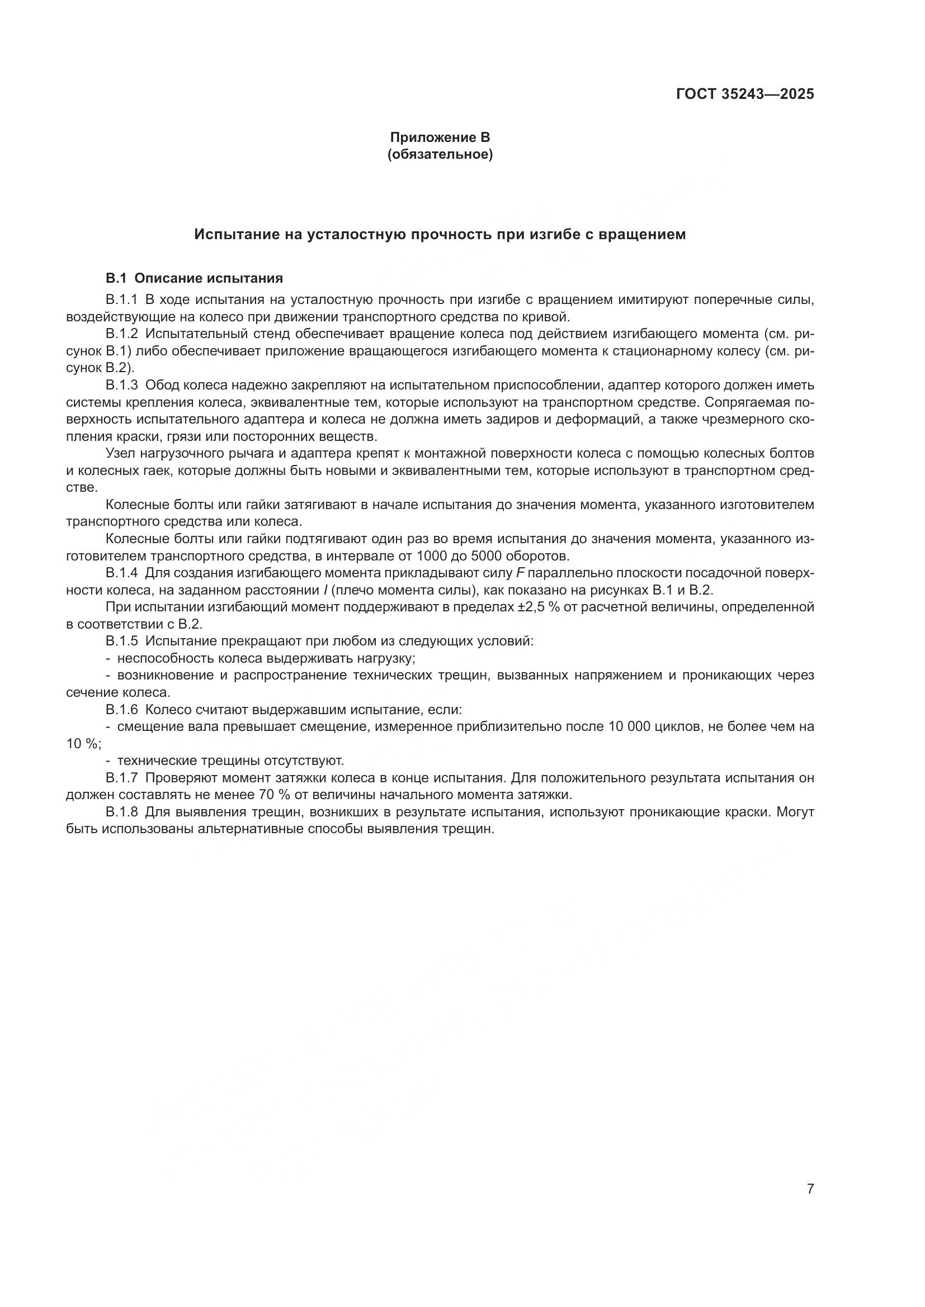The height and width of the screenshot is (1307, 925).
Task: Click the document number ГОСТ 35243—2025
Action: coord(745,94)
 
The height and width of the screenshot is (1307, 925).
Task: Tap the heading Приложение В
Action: coord(440,137)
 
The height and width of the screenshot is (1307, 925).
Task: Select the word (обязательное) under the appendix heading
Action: coord(440,154)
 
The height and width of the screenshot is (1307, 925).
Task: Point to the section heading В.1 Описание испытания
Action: coord(194,278)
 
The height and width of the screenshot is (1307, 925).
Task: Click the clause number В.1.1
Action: coord(122,300)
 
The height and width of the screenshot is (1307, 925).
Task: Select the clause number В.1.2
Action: coord(122,334)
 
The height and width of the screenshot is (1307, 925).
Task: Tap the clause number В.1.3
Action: coord(122,386)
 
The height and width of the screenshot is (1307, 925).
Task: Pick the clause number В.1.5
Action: coord(122,641)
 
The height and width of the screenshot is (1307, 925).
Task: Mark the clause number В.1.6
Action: coord(122,710)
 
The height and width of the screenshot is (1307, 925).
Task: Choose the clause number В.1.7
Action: coord(122,778)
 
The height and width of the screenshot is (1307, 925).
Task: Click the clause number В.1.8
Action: coord(122,812)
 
